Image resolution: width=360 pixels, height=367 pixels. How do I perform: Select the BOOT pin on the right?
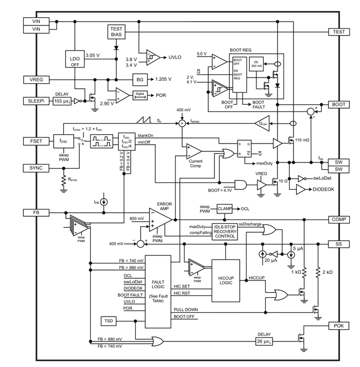[x=339, y=104]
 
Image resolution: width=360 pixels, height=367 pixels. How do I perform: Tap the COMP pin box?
[x=339, y=219]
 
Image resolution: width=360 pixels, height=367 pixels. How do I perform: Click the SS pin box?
[x=339, y=243]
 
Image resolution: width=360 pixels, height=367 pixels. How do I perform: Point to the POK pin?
[x=339, y=325]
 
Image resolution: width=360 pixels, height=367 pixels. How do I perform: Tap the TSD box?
[x=108, y=321]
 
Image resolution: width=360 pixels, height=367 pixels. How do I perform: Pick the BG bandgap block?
[x=140, y=79]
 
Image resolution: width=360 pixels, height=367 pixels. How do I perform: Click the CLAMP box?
[x=224, y=209]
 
